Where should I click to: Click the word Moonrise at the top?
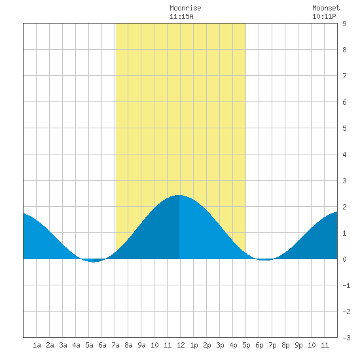[185, 8]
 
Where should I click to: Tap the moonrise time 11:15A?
[181, 16]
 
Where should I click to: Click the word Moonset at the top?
[326, 8]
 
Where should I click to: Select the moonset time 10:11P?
[324, 16]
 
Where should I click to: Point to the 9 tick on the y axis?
[344, 24]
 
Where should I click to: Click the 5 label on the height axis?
[344, 128]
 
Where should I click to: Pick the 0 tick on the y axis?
[344, 259]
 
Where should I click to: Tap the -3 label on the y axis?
[346, 338]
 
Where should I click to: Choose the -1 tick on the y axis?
[346, 285]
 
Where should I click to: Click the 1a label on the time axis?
[37, 345]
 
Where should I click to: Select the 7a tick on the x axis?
[115, 345]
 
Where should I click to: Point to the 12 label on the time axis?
[181, 345]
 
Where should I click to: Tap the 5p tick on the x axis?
[246, 345]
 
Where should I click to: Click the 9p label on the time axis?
[298, 345]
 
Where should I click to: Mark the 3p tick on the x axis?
[220, 345]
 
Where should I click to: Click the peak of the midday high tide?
[179, 195]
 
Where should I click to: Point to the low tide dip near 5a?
[93, 262]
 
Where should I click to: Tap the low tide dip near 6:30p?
[264, 260]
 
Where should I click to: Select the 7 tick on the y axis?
[344, 76]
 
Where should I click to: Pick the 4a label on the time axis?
[76, 345]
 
